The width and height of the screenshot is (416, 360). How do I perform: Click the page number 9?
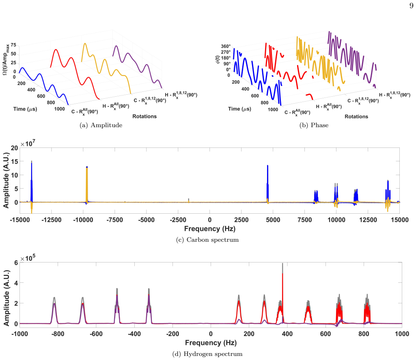411,6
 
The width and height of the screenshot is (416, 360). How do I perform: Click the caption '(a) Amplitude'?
101,125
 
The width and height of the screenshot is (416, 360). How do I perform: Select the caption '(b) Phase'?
314,125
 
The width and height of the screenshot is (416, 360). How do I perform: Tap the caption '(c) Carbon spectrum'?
207,240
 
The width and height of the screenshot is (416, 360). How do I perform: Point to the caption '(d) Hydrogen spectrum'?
207,354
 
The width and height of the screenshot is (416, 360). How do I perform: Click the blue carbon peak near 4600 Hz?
268,184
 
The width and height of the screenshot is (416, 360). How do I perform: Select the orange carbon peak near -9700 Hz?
87,185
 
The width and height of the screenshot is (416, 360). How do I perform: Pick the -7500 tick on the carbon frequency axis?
114,220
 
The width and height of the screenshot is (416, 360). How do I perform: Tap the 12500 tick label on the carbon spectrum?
368,220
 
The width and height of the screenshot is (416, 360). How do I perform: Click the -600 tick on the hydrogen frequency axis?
96,334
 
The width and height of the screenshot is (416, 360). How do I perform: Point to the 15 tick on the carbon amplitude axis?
15,161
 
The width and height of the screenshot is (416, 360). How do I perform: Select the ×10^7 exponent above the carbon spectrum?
28,143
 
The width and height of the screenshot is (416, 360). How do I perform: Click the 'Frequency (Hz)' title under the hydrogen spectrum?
211,343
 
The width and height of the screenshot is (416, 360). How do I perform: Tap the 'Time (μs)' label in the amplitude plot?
25,109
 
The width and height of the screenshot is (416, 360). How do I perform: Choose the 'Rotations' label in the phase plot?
356,116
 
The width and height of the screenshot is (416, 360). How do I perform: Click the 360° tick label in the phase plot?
226,46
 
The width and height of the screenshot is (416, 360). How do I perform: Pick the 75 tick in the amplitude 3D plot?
13,45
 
